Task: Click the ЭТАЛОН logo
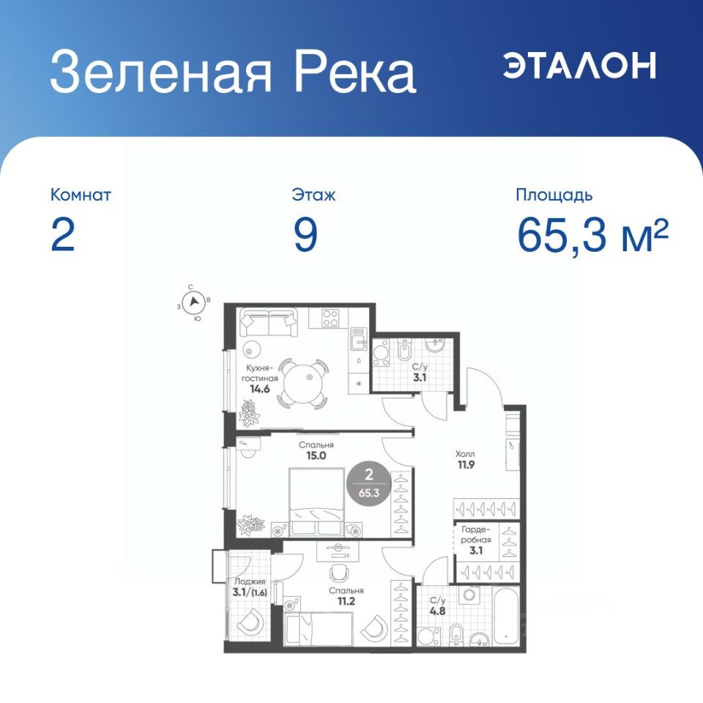click(x=579, y=65)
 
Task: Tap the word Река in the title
click(x=354, y=72)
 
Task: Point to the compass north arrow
click(x=194, y=301)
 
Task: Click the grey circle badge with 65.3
click(x=369, y=484)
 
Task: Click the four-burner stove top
click(x=330, y=318)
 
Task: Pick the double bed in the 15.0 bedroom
click(x=317, y=502)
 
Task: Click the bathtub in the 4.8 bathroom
click(x=506, y=616)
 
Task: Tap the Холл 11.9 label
click(x=466, y=460)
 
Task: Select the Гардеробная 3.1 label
click(x=476, y=540)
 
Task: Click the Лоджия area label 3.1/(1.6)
click(x=250, y=587)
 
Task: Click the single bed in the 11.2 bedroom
click(x=319, y=630)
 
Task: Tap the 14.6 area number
click(x=260, y=389)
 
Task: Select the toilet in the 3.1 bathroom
click(x=404, y=350)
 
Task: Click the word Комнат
click(x=81, y=195)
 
